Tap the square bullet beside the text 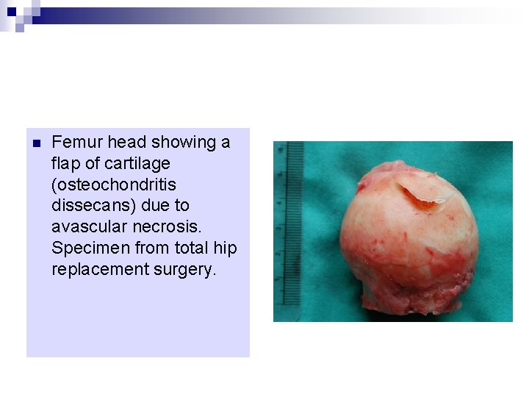coord(36,143)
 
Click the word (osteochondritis coord(114,185)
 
